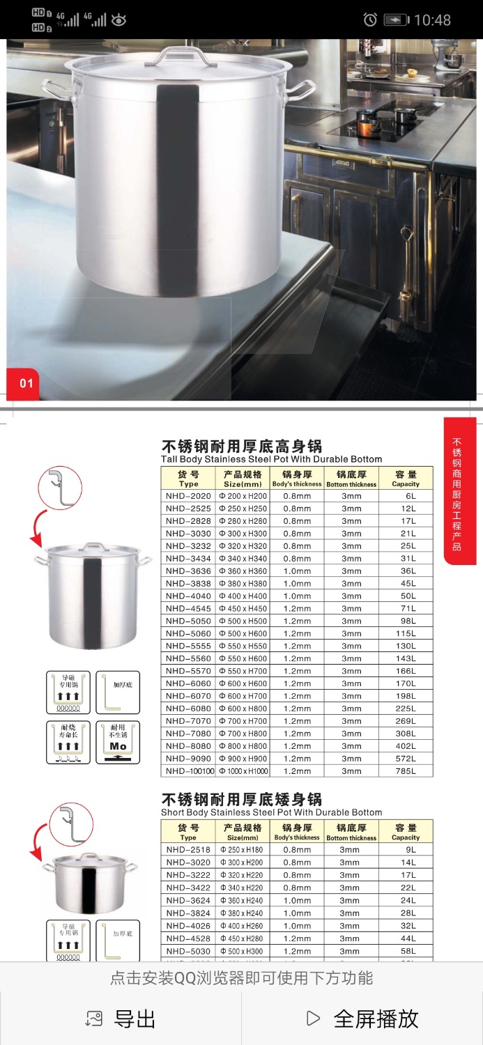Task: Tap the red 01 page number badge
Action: click(x=24, y=382)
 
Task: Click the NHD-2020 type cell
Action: click(x=188, y=496)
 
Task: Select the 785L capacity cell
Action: click(x=406, y=771)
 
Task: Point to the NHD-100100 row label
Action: click(x=188, y=771)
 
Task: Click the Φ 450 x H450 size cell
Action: click(x=243, y=609)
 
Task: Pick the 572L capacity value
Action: click(x=406, y=759)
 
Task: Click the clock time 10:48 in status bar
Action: click(x=432, y=20)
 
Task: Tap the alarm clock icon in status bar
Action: click(x=370, y=20)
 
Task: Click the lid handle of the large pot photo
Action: click(x=174, y=56)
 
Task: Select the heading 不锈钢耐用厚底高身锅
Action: click(x=242, y=446)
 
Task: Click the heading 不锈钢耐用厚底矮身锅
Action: click(x=242, y=799)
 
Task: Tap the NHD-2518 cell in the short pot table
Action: click(x=188, y=850)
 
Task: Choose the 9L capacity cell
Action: click(x=406, y=850)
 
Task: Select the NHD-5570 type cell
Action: click(x=188, y=671)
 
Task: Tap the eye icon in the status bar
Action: click(x=118, y=20)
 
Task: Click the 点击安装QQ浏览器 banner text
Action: click(x=241, y=978)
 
